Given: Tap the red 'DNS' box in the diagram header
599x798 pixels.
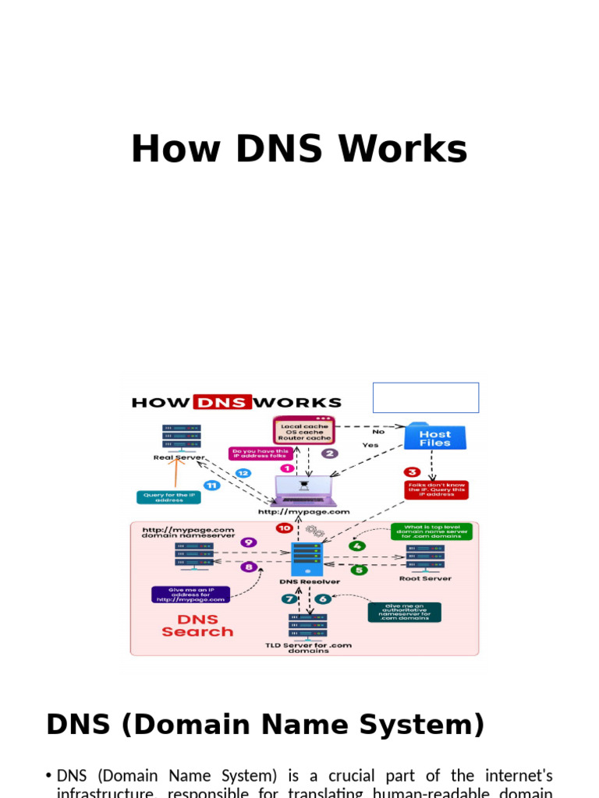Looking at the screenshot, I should [222, 403].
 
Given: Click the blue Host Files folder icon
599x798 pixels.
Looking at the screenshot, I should [435, 437].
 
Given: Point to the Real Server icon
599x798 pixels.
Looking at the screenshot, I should [180, 439].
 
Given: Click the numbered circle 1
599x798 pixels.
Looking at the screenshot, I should [287, 468].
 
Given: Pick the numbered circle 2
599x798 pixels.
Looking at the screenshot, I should [330, 453].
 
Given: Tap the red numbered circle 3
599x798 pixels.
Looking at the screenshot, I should [413, 471].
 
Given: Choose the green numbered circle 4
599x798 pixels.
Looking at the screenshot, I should [357, 545].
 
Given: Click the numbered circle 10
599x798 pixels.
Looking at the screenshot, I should [284, 528].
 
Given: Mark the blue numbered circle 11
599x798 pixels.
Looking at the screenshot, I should [211, 485].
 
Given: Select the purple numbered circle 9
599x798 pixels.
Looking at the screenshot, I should [248, 542].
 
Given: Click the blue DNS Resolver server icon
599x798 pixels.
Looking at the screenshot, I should [307, 558].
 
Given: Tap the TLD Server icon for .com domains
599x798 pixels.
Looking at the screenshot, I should [308, 627].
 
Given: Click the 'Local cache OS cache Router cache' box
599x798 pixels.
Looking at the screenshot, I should [303, 432].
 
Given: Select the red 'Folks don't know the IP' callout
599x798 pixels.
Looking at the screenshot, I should [436, 489].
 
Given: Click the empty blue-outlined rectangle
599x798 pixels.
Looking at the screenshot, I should [426, 397].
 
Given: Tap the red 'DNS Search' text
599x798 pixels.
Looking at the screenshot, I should [197, 625].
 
